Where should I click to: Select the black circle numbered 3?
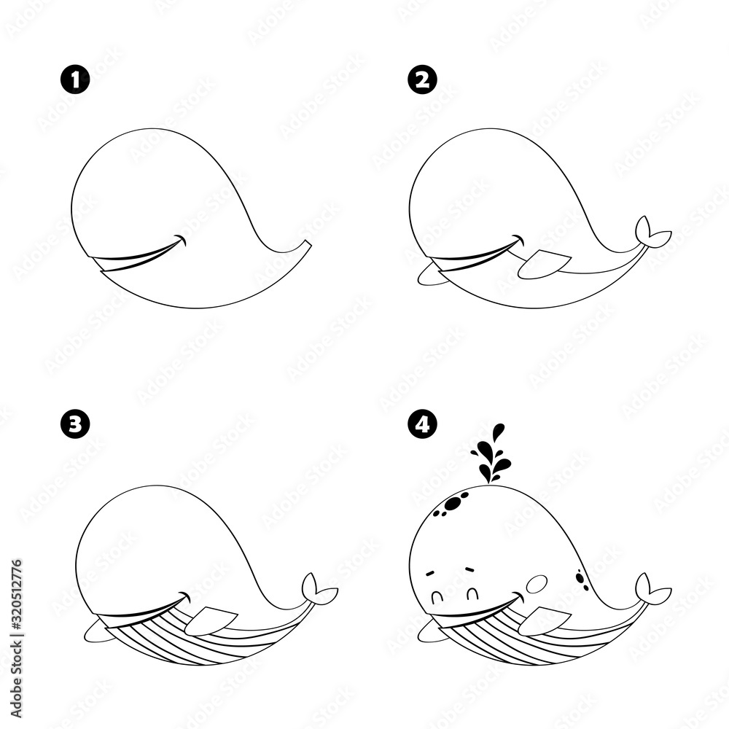74,424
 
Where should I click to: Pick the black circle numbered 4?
419,424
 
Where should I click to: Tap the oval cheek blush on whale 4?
537,583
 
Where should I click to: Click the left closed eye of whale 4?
438,598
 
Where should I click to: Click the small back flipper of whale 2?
430,276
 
